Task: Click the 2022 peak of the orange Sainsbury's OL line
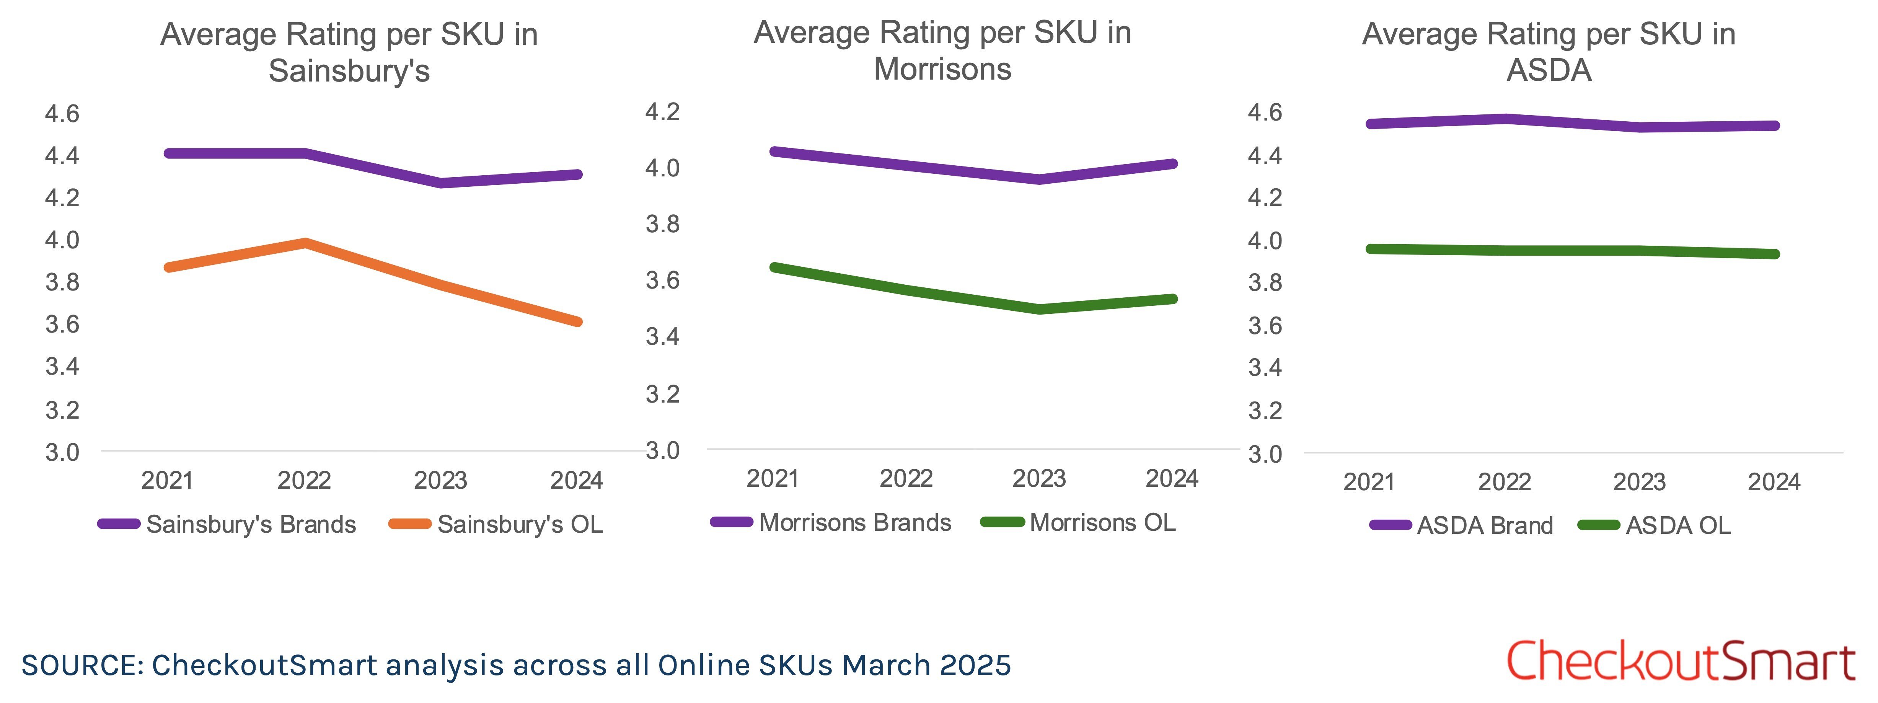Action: pos(305,243)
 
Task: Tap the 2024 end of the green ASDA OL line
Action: pos(1774,254)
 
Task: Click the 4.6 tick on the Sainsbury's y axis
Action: pos(62,114)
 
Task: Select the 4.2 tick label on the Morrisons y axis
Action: pos(662,112)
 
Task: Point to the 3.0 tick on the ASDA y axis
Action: pos(1265,454)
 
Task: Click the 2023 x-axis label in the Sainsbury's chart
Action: pos(440,481)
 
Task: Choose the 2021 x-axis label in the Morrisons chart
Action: pos(773,478)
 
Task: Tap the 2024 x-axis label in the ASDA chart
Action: pos(1774,482)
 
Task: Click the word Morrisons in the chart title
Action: pos(942,69)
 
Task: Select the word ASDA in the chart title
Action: pos(1549,71)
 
